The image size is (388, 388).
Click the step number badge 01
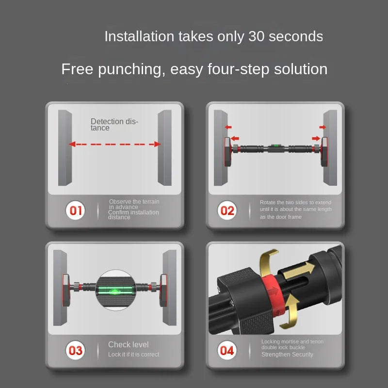click(76, 210)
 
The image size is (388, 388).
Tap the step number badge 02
click(227, 210)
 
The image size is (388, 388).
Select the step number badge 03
click(76, 350)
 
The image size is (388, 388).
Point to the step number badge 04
click(227, 350)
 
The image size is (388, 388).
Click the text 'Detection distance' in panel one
click(114, 125)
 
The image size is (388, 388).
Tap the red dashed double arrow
click(114, 144)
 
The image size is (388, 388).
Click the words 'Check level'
click(129, 344)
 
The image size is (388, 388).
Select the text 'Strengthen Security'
click(287, 355)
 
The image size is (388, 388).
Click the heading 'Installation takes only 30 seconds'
click(213, 36)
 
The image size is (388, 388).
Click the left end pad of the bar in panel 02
click(227, 151)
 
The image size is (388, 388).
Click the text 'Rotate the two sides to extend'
click(295, 202)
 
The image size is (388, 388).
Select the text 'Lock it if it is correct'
click(133, 355)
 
